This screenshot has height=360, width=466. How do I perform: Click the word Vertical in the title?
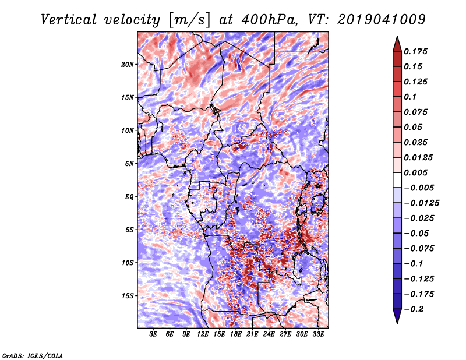(x=68, y=20)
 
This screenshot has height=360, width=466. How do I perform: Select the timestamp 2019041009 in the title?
(x=382, y=20)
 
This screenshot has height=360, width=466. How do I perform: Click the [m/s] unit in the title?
(x=189, y=20)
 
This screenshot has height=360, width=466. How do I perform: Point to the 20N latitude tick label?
(x=128, y=65)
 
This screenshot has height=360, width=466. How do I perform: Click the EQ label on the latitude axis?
(x=129, y=197)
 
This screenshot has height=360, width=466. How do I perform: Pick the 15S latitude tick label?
(x=128, y=296)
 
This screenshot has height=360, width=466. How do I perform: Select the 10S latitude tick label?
(x=128, y=263)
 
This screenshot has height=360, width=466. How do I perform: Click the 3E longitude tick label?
(x=153, y=334)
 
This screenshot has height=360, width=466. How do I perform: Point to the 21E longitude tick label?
(x=252, y=334)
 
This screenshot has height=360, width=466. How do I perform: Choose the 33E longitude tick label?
(x=318, y=334)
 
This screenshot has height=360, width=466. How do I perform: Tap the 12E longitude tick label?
(x=202, y=334)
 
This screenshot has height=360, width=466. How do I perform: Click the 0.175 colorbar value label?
(x=415, y=51)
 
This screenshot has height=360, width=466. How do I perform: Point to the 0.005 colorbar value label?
(x=415, y=172)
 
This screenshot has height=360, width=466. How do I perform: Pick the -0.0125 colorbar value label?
(x=421, y=203)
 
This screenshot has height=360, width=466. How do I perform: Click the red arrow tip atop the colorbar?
(x=397, y=36)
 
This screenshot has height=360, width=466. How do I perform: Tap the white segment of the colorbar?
(x=397, y=180)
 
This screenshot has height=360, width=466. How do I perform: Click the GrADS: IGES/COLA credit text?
(x=33, y=355)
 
